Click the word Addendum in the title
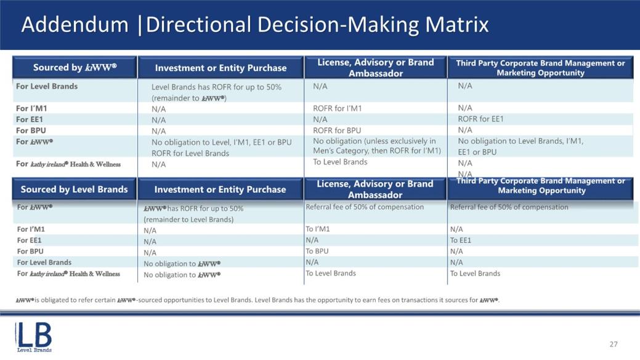[75, 25]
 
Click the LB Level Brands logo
[34, 337]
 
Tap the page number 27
[614, 344]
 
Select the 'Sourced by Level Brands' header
[75, 189]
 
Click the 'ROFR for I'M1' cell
[337, 108]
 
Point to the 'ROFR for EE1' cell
[480, 119]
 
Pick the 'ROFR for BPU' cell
[337, 130]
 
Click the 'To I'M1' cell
[318, 229]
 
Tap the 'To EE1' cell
[460, 240]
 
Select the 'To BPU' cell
[317, 252]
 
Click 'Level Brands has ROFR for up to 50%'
[216, 87]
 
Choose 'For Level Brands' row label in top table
[47, 86]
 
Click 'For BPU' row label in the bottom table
[30, 252]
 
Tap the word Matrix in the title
[457, 25]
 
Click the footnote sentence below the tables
[257, 300]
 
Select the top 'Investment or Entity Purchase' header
[221, 68]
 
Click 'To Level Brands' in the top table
[340, 162]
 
